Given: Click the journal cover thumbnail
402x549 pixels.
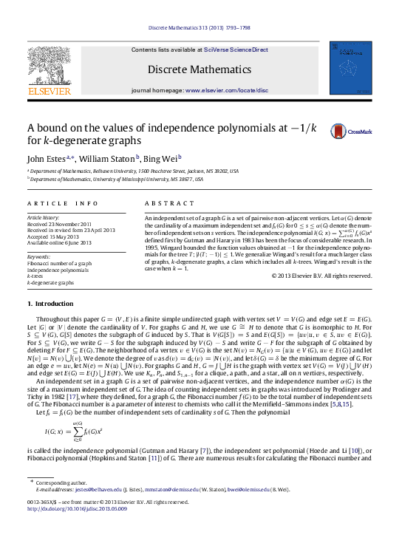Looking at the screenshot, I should click(351, 67).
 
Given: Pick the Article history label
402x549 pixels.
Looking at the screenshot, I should click(43, 219).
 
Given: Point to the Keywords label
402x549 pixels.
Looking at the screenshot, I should click(39, 256).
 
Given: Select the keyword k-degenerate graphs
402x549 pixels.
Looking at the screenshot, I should click(51, 283).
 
